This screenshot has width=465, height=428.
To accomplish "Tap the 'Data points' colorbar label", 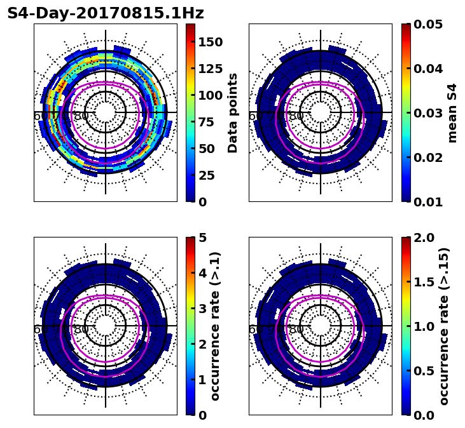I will coord(233,113).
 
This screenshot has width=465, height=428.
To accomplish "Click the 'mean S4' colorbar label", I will coord(452,113).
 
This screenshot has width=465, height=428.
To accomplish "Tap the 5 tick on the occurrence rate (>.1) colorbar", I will coord(202,237).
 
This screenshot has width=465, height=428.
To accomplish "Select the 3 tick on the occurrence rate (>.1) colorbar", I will coord(202,309).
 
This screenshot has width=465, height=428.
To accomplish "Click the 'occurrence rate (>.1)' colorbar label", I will coord(215,326).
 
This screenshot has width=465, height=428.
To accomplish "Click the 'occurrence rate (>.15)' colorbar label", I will coord(444,326).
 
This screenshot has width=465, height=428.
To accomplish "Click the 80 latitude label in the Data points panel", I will coord(81,116).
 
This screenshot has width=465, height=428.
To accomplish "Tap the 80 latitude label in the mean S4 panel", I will coord(296,116).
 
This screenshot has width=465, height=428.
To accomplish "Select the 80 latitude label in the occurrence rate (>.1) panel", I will coord(81,330).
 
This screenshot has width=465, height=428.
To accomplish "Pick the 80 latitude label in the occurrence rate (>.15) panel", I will coord(296,330).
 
